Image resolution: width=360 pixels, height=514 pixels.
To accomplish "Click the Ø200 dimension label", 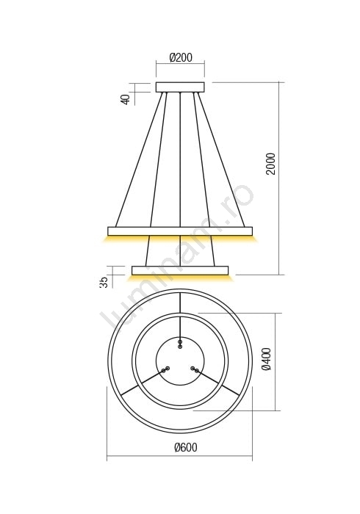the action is point(181,58).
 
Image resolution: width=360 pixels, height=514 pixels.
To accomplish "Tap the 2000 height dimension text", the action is point(271,164).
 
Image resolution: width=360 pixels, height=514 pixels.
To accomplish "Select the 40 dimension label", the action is point(126,99).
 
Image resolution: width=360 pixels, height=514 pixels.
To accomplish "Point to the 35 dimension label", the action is point(104,282).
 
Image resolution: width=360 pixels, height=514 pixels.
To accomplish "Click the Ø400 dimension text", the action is point(267,359).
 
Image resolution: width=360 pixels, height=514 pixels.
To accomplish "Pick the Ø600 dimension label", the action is point(186,447).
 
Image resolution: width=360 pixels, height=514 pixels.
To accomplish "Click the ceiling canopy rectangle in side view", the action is point(180,87).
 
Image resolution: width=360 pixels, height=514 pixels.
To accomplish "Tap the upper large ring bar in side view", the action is point(180,231).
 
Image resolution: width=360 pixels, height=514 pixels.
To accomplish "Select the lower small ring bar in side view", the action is point(180,270).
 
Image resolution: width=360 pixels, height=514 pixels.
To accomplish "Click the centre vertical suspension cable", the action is point(180,159).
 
